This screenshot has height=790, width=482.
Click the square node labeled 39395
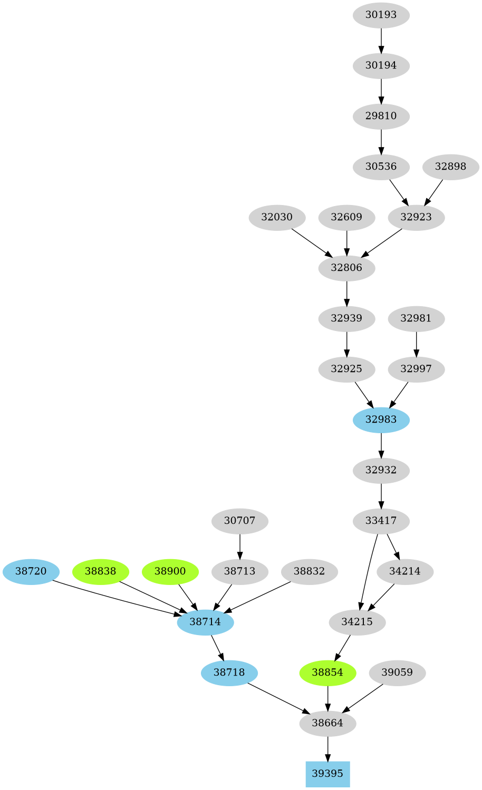[327, 774]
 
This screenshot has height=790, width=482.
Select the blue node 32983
[381, 420]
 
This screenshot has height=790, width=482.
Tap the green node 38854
[327, 672]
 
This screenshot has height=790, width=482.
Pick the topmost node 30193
[381, 15]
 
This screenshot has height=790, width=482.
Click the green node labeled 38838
[100, 571]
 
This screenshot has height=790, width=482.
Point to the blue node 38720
[31, 571]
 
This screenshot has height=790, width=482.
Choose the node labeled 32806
[346, 268]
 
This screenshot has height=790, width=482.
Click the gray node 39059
[397, 672]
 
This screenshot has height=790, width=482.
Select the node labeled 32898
[450, 167]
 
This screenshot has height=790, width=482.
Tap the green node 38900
[170, 571]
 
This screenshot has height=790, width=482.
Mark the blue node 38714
[205, 622]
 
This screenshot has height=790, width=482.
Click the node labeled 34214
[405, 571]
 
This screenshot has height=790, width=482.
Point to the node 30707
[239, 521]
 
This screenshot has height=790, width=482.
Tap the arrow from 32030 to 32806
[311, 242]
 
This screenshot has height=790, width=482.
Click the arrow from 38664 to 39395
[327, 748]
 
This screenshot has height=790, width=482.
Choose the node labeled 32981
[416, 318]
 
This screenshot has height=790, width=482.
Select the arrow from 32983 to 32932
[381, 444]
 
